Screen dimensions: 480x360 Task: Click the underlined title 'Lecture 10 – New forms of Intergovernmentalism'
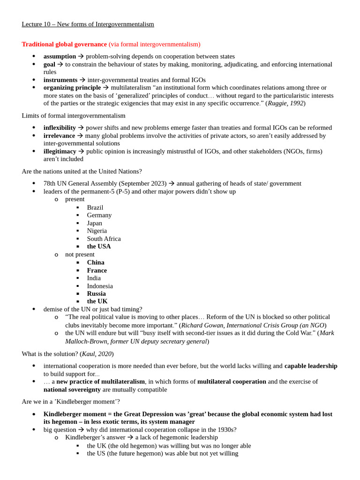(88, 24)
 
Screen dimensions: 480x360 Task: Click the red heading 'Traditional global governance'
(64, 44)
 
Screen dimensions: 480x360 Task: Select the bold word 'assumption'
(60, 56)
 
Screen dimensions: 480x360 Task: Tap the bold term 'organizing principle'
(72, 88)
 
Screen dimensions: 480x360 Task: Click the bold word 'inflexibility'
(60, 127)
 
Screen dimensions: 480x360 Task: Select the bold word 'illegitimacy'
(60, 151)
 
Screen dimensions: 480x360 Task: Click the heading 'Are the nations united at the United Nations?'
(82, 172)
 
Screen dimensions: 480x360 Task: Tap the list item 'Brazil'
(95, 208)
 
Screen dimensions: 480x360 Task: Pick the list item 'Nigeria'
(97, 231)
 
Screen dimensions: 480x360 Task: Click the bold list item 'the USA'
(99, 247)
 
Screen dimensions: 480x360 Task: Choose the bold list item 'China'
(96, 262)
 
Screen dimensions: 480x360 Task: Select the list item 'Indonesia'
(100, 286)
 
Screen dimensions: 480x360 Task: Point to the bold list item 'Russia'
(96, 293)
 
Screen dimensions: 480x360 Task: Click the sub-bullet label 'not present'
(80, 255)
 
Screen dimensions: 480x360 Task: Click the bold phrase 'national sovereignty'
(72, 390)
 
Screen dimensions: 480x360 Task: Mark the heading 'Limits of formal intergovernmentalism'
(74, 115)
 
